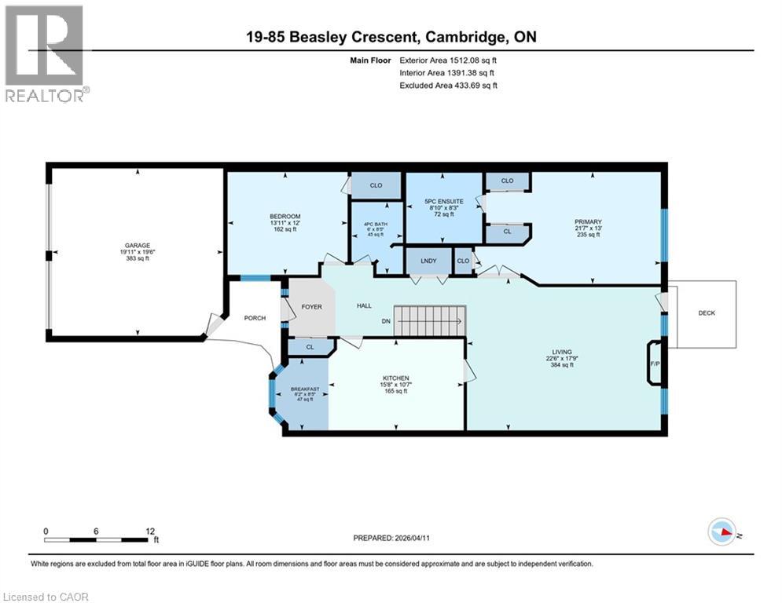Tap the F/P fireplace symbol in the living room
[654, 364]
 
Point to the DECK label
[707, 313]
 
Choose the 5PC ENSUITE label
[444, 202]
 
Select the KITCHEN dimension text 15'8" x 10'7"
[395, 384]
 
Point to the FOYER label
[311, 306]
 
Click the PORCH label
[255, 318]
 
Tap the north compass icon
[721, 533]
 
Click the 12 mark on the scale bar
[149, 531]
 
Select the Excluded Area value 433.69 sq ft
[472, 85]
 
